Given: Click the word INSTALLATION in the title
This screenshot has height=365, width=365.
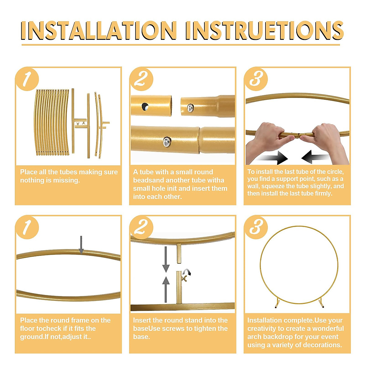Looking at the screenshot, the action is [x=99, y=30].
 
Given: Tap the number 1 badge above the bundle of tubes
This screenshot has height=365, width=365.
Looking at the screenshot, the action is [x=27, y=79].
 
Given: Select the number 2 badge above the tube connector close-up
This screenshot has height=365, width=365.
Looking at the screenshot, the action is [x=141, y=79].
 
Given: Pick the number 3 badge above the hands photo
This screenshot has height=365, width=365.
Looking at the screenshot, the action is [x=256, y=79].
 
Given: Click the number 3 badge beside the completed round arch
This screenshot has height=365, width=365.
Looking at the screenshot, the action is [x=256, y=227].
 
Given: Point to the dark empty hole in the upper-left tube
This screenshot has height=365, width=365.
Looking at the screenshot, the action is [x=145, y=106].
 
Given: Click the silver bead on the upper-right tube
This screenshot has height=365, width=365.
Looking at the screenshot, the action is [x=190, y=108].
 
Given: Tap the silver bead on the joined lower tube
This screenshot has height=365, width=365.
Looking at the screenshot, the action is [x=167, y=142].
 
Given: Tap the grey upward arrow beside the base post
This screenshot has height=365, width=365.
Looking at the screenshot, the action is [x=166, y=289].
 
